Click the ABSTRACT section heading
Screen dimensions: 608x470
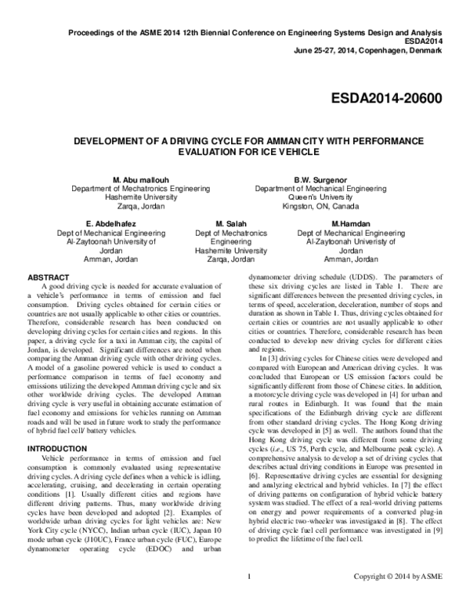point(49,277)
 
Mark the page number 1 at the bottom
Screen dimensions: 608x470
point(247,599)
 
